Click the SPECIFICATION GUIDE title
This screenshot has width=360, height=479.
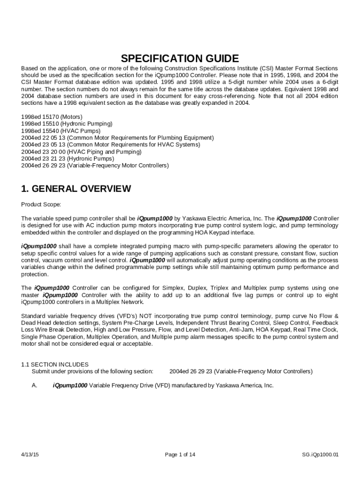click(x=180, y=58)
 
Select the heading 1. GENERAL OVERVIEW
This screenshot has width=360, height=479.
click(x=76, y=189)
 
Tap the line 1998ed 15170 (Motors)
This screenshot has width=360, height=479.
click(x=52, y=116)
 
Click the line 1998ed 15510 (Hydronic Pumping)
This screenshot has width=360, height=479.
click(x=67, y=123)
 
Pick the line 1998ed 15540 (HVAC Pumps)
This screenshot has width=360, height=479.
click(x=61, y=131)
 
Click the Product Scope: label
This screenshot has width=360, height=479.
click(x=41, y=204)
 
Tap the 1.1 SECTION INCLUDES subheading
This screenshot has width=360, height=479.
click(x=55, y=364)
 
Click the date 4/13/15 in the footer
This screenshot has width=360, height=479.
click(x=30, y=454)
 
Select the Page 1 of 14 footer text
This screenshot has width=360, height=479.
click(x=180, y=454)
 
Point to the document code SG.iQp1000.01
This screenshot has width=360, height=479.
click(x=320, y=454)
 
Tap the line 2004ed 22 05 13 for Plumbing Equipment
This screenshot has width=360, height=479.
click(x=117, y=138)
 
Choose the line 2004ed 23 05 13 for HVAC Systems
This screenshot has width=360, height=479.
click(x=111, y=145)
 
